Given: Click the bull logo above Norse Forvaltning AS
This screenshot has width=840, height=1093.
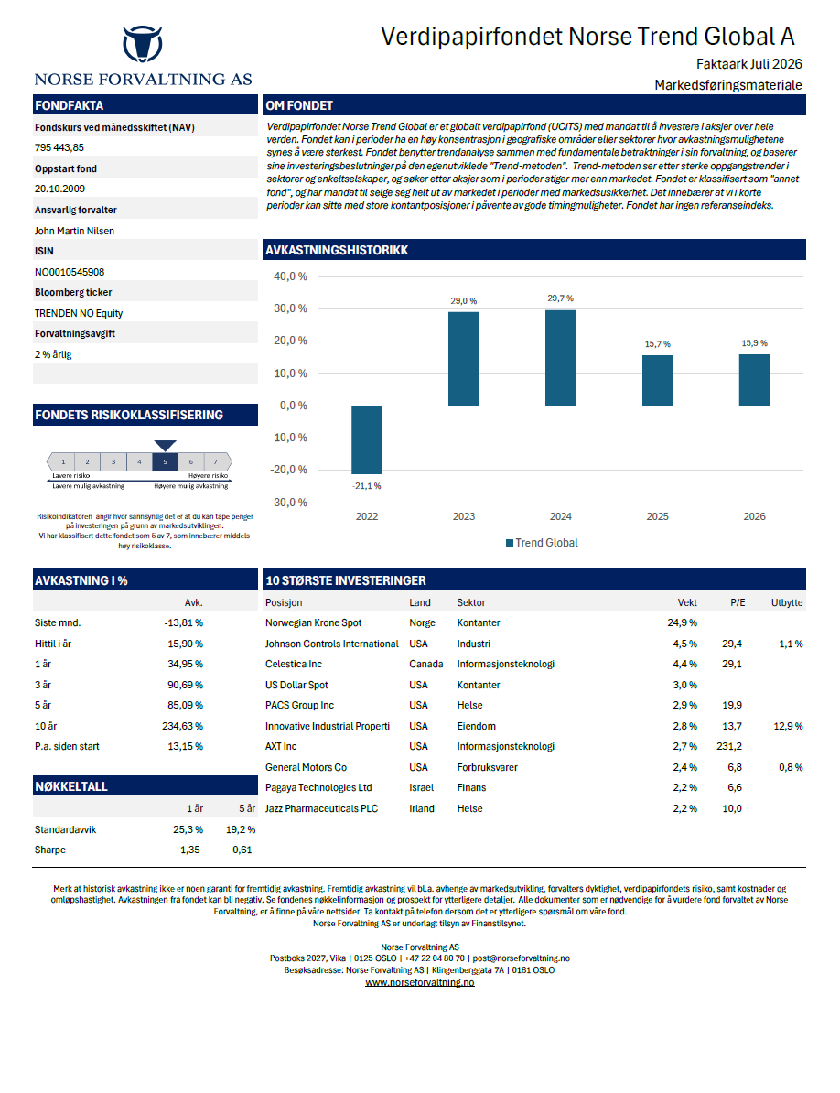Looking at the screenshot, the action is [x=143, y=44].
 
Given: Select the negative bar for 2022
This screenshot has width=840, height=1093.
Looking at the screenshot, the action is [x=366, y=439].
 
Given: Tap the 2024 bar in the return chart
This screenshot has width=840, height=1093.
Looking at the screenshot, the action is [x=560, y=358].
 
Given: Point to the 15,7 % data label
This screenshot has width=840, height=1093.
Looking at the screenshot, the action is [x=657, y=344].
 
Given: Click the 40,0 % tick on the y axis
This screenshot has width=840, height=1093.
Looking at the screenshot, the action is [x=290, y=276].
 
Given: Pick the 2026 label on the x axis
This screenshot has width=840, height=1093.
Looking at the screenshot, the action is [x=754, y=516].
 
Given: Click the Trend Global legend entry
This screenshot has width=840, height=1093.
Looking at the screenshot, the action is [x=542, y=543].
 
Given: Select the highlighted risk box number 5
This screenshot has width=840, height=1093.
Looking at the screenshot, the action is [x=165, y=461].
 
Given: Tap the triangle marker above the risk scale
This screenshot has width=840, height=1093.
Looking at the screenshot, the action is [x=165, y=446].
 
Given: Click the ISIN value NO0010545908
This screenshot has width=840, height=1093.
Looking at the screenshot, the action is [x=70, y=272].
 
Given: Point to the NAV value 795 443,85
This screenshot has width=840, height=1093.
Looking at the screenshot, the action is [x=59, y=147].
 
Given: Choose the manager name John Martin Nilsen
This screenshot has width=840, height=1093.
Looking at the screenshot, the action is [x=74, y=231].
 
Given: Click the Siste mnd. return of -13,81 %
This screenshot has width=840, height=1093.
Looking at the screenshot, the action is [x=183, y=623].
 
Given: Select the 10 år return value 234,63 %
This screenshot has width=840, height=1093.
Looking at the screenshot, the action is [x=182, y=726].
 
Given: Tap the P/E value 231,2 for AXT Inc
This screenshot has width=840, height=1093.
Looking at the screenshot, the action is [x=729, y=747].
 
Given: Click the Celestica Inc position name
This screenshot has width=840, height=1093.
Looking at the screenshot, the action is [x=293, y=665].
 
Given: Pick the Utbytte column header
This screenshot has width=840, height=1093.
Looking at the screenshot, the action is [x=787, y=603].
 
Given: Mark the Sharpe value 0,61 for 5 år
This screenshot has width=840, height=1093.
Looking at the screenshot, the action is [x=242, y=850].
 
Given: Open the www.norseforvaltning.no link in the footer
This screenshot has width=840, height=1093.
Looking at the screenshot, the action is [x=420, y=982].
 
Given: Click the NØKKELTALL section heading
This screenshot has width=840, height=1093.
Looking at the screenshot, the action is [x=71, y=786].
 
